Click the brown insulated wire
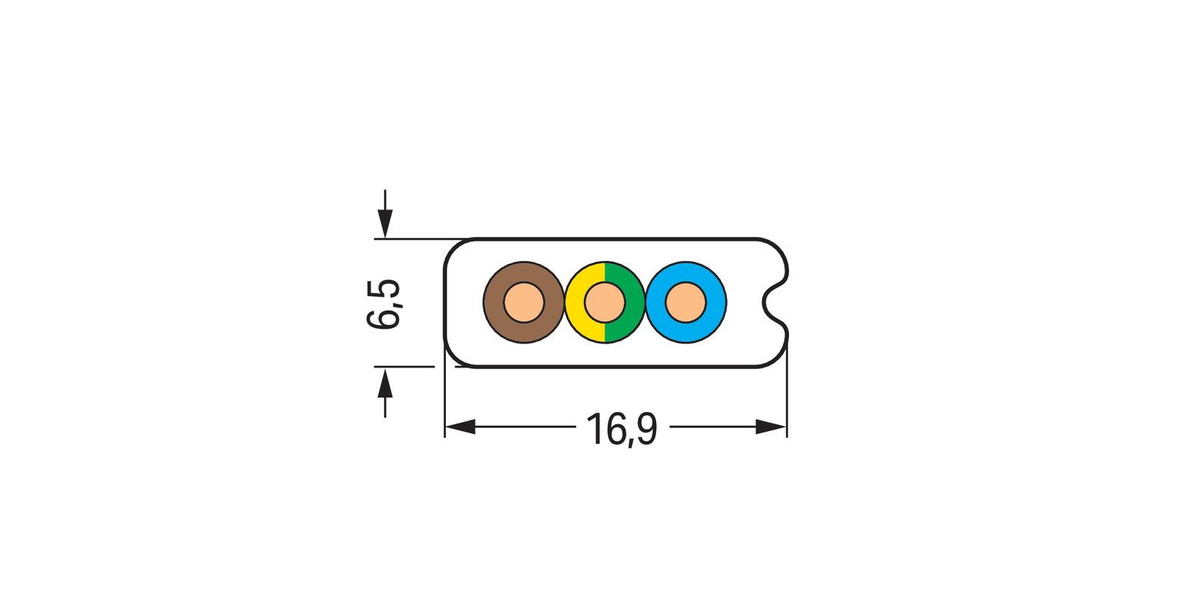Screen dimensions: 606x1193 click(496, 303)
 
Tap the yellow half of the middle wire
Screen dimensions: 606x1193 click(576, 303)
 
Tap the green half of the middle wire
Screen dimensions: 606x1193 click(634, 303)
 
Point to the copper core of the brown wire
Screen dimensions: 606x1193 click(523, 303)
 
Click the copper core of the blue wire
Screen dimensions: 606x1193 click(685, 303)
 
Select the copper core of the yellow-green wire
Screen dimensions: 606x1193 click(604, 303)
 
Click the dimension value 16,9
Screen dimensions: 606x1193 click(621, 429)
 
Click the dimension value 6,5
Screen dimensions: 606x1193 click(384, 304)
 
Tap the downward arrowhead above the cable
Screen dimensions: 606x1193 click(384, 222)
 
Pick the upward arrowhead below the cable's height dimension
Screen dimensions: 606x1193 click(384, 383)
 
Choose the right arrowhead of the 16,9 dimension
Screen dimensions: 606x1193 click(771, 427)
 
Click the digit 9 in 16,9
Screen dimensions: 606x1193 click(646, 429)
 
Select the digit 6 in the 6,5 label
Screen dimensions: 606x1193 click(384, 317)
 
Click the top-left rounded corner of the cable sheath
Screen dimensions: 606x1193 click(453, 248)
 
